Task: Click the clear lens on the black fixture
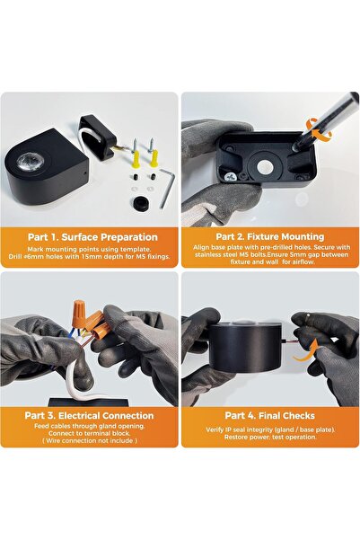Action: [x=30, y=161]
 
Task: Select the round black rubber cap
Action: [x=140, y=204]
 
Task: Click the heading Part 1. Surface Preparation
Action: [x=92, y=237]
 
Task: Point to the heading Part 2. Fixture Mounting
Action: [x=270, y=236]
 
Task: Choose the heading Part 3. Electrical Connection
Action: [x=89, y=415]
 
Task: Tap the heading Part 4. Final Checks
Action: [x=270, y=415]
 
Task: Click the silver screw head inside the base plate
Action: [x=230, y=176]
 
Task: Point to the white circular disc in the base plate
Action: [x=265, y=167]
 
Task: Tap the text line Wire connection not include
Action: [x=90, y=440]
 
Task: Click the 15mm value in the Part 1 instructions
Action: [x=91, y=257]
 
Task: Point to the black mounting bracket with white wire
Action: [x=97, y=137]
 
